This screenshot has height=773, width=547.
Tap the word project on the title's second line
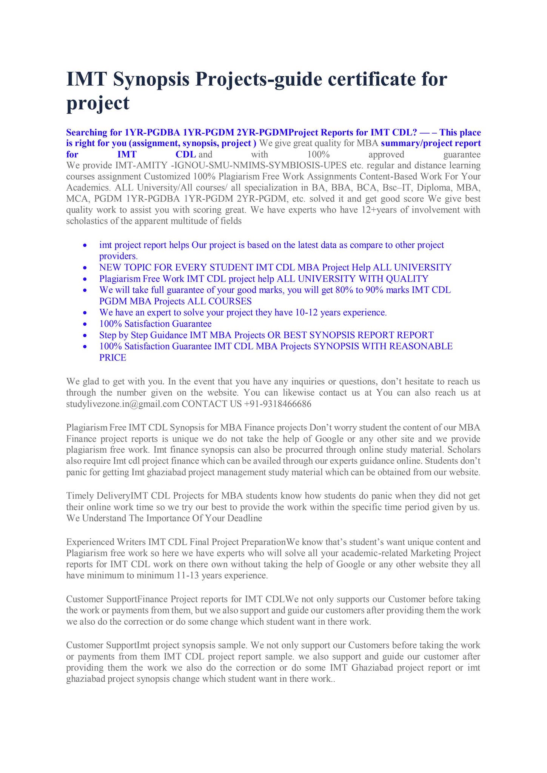[98, 103]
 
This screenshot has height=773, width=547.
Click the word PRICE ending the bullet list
[112, 357]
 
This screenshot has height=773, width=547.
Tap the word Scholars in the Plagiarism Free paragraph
[464, 450]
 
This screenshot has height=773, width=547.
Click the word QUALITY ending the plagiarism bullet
[411, 279]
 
